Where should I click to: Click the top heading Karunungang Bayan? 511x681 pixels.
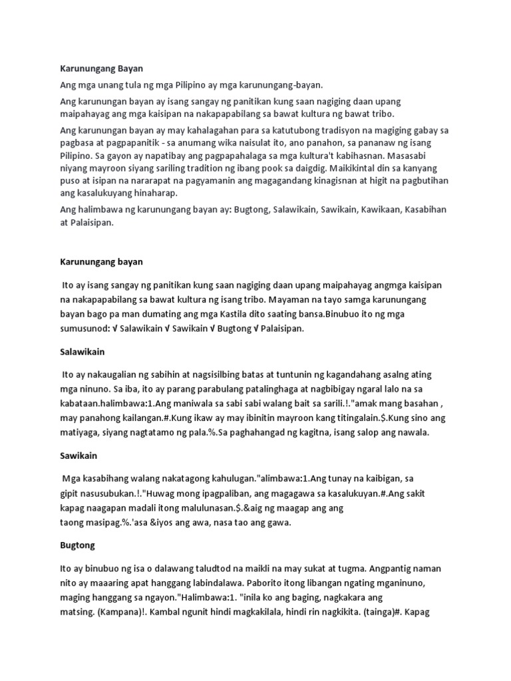(101, 68)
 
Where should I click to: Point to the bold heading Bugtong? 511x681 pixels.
(77, 545)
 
